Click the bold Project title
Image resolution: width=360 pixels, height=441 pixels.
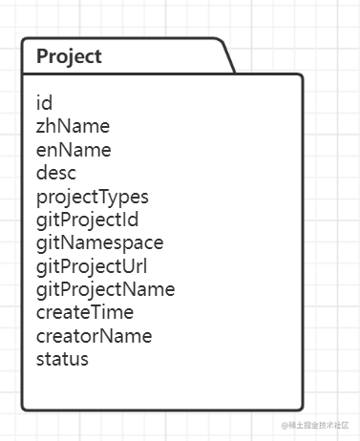[x=69, y=57]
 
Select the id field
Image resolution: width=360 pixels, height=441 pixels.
[x=44, y=103]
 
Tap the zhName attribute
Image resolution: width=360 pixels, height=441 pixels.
[x=73, y=126]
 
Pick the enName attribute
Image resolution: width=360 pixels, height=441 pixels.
[x=74, y=150]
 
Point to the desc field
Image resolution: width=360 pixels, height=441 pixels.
[x=56, y=173]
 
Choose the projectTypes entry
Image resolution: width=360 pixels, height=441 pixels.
[x=93, y=198]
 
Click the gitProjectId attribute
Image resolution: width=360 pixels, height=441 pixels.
[x=88, y=220]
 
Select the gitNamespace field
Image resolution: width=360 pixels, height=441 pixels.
[x=99, y=243]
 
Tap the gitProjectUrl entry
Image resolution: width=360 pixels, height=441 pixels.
[x=92, y=267]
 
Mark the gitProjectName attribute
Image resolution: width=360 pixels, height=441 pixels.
[x=105, y=290]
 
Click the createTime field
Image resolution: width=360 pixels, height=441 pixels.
[x=85, y=312]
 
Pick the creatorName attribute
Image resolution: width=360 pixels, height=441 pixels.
[x=94, y=336]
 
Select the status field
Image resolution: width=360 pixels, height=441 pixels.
[x=62, y=359]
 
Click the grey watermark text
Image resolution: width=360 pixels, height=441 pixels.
[x=315, y=425]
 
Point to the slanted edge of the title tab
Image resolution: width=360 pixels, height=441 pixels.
[x=229, y=57]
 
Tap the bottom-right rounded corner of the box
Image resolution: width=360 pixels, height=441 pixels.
[x=300, y=407]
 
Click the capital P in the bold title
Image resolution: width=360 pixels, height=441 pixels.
[x=42, y=56]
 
